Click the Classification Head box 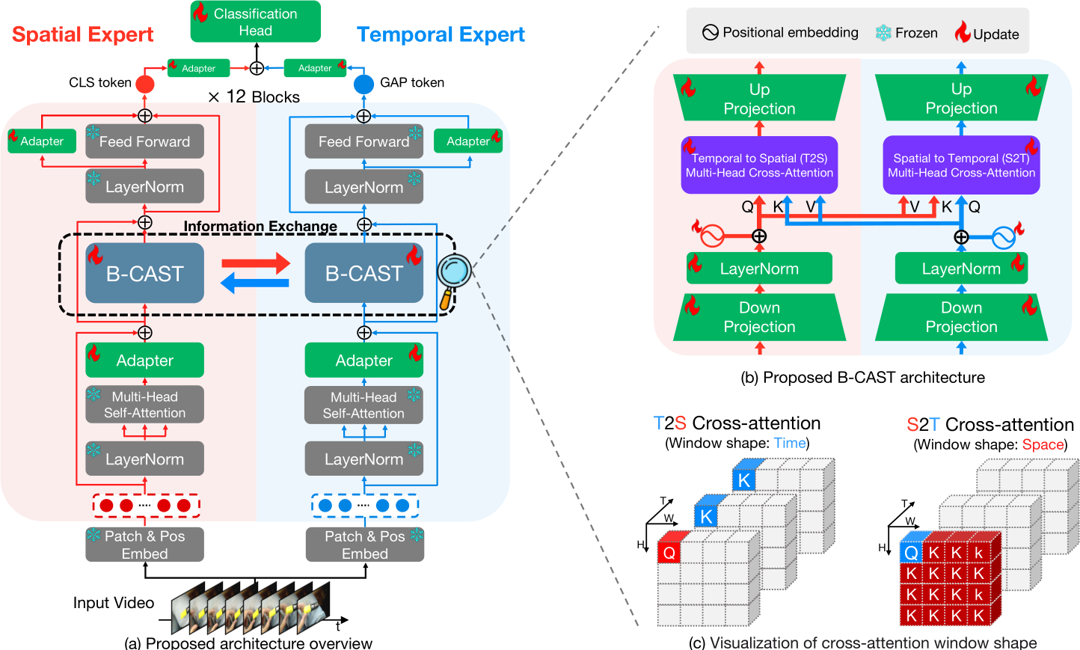[x=256, y=22]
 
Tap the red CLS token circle [x=144, y=84]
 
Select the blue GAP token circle [x=363, y=84]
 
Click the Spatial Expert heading [x=82, y=34]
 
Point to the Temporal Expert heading [x=441, y=34]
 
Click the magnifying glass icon [x=453, y=280]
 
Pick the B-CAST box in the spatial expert [x=144, y=273]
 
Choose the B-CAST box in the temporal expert [x=364, y=273]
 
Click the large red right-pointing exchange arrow [x=256, y=263]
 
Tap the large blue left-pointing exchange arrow [x=254, y=283]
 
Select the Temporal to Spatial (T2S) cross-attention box [x=759, y=165]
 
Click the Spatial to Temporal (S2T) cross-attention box [x=961, y=165]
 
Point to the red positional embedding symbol [x=712, y=236]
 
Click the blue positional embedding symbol [x=1004, y=237]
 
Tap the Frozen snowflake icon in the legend [x=883, y=33]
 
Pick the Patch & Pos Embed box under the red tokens [x=144, y=545]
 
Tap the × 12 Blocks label [x=254, y=97]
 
